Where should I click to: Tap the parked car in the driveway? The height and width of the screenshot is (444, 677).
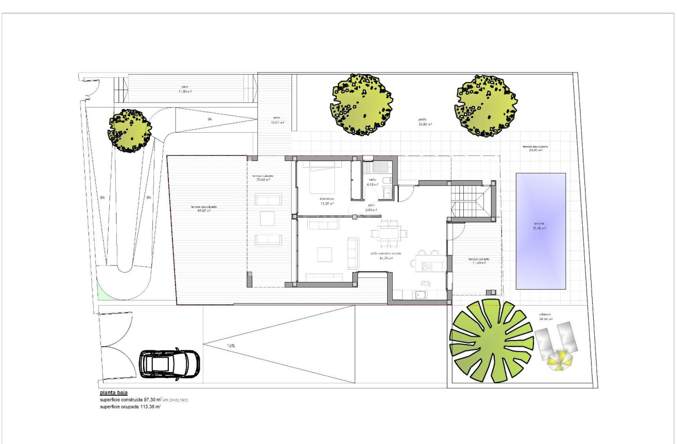169,364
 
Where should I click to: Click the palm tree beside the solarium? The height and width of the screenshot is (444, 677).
491,341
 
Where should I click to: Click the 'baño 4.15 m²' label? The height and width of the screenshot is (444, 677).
373,182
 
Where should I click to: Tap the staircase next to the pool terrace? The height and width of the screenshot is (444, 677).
468,202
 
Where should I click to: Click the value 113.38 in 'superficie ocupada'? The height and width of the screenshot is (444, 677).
147,406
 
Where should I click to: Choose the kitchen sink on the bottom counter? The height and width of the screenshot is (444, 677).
421,295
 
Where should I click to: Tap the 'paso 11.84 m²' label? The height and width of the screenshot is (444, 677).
184,88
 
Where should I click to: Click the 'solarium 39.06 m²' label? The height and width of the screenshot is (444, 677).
546,316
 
